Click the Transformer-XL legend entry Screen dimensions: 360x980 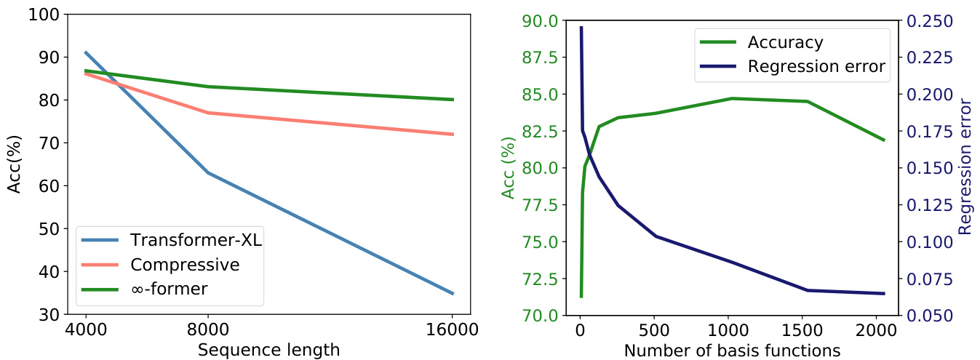click(x=195, y=241)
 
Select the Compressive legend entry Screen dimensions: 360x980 click(x=184, y=265)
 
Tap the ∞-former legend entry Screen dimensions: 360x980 click(x=169, y=289)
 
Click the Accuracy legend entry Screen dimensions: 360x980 click(x=785, y=42)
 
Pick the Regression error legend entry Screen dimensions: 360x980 click(x=816, y=67)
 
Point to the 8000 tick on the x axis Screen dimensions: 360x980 click(x=208, y=329)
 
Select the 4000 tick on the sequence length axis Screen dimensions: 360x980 click(x=86, y=329)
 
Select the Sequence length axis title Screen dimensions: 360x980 click(x=268, y=350)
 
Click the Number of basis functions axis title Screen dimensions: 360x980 click(x=732, y=350)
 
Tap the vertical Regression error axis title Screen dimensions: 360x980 click(x=965, y=168)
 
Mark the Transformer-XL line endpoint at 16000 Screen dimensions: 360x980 click(x=453, y=293)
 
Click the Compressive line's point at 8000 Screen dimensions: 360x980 click(x=208, y=113)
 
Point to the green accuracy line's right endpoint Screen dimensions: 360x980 click(x=884, y=140)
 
